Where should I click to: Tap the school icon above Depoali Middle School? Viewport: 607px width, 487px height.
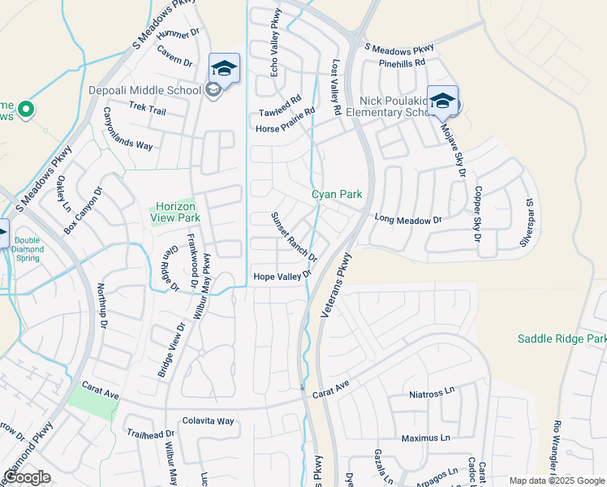(224, 68)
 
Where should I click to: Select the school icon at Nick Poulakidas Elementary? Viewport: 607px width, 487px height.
(442, 101)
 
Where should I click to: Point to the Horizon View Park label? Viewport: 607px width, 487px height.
(174, 212)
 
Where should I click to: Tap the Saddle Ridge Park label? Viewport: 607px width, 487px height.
(562, 338)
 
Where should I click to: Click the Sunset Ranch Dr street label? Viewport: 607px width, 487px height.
(294, 235)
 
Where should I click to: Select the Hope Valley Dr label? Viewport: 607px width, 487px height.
(282, 277)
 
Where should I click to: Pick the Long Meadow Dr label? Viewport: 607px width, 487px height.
(407, 219)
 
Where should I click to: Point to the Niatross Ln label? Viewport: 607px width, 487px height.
(432, 395)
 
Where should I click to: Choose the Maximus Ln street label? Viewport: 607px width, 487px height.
(425, 438)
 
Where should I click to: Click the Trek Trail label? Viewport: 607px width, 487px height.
(147, 108)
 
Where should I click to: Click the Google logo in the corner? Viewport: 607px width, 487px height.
(27, 477)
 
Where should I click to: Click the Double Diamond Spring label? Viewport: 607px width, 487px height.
(27, 245)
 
